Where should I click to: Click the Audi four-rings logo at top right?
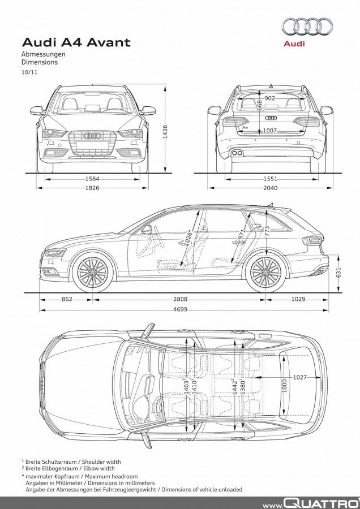(307, 27)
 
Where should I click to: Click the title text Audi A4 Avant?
(76, 42)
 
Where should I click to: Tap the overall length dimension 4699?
(180, 309)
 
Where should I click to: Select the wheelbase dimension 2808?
(180, 299)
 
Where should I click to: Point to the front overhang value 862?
(67, 299)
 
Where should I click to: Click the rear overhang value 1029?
(298, 299)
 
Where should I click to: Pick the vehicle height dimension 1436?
(165, 132)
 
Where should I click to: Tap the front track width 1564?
(92, 179)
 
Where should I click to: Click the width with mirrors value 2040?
(271, 188)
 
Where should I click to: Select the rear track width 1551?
(271, 179)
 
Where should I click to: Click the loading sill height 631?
(338, 273)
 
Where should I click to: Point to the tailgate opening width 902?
(269, 98)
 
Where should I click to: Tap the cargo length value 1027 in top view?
(300, 377)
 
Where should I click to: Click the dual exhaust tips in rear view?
(237, 153)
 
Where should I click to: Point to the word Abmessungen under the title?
(44, 54)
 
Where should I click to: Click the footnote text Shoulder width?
(101, 461)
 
